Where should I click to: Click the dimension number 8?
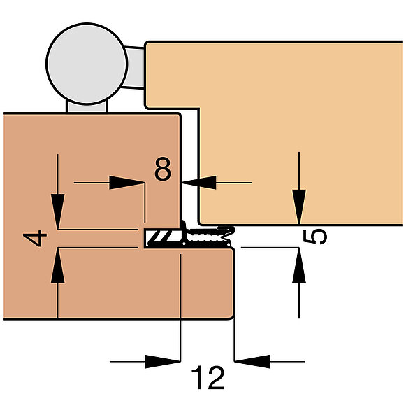(x=162, y=169)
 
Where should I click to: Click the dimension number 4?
(x=35, y=239)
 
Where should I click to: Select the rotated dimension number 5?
(x=314, y=237)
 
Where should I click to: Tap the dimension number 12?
(x=208, y=378)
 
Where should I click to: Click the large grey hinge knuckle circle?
(x=87, y=64)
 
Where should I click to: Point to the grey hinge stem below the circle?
(x=87, y=107)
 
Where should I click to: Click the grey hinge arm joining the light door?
(x=135, y=68)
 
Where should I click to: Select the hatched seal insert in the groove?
(x=163, y=238)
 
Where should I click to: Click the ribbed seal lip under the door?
(x=209, y=237)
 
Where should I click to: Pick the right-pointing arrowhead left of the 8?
(x=126, y=183)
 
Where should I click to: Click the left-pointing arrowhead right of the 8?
(x=199, y=183)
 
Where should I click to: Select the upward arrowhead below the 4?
(x=58, y=265)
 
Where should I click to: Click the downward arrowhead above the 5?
(x=299, y=206)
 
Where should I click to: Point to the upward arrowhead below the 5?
(x=299, y=265)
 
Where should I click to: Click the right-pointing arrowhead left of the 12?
(x=163, y=362)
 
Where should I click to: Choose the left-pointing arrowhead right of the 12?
(x=252, y=362)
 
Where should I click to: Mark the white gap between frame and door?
(x=190, y=166)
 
